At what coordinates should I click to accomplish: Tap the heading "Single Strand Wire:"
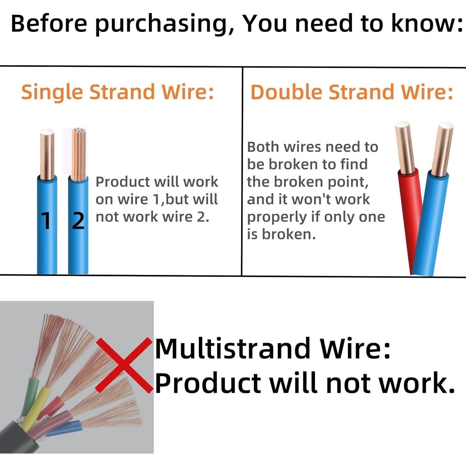117,92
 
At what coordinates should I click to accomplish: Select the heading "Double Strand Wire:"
352,92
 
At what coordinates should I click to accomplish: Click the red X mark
124,365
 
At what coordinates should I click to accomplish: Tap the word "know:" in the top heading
427,24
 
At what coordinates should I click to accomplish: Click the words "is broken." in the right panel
281,234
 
